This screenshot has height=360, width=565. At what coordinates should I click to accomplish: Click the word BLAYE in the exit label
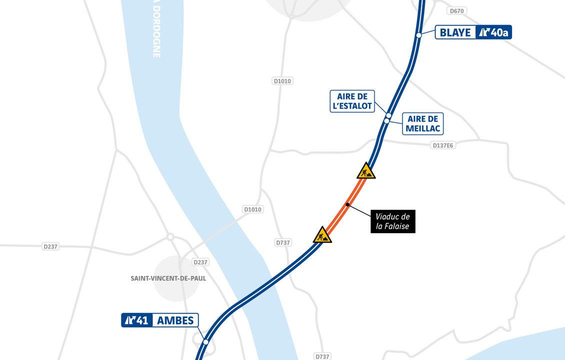(455, 32)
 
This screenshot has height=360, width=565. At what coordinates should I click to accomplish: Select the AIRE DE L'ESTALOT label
(352, 101)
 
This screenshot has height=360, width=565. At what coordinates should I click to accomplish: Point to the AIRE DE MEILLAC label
(422, 123)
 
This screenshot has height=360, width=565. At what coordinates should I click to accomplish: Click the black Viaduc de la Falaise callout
(393, 221)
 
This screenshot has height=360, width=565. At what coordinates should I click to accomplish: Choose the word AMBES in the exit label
(175, 320)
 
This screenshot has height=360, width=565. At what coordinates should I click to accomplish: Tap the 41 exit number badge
(136, 320)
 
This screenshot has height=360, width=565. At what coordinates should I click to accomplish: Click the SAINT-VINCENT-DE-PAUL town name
(168, 278)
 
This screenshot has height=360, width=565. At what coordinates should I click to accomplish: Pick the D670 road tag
(457, 10)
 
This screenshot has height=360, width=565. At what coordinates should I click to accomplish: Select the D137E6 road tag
(443, 145)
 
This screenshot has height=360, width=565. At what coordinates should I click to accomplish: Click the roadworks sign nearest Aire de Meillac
(366, 171)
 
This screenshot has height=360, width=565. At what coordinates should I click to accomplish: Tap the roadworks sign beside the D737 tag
(322, 235)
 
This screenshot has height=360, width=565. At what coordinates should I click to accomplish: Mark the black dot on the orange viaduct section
(347, 204)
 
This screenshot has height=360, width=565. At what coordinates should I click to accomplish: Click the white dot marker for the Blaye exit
(419, 35)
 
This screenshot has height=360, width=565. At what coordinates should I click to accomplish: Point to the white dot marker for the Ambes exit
(205, 342)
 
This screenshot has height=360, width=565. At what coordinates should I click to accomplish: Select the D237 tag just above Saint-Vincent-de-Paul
(200, 262)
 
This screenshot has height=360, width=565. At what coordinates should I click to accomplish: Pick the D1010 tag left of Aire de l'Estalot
(282, 81)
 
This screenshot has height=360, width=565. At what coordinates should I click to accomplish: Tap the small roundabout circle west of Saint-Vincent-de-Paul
(170, 236)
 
